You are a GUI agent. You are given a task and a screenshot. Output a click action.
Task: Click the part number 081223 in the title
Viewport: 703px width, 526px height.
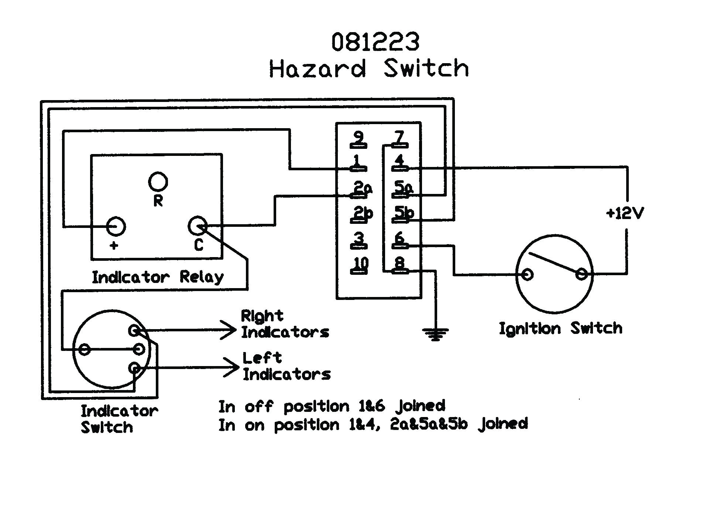pos(375,42)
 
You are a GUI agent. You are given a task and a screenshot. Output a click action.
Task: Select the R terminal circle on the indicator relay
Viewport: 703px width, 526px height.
pos(158,181)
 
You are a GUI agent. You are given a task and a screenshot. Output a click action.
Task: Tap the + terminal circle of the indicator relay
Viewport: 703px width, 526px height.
pos(116,226)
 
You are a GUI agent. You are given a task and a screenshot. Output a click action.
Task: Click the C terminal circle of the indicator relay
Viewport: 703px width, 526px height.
pos(198,226)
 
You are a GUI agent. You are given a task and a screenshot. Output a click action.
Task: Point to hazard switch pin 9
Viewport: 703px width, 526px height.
pos(358,139)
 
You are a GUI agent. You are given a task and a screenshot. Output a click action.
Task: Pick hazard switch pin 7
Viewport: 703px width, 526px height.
pos(399,139)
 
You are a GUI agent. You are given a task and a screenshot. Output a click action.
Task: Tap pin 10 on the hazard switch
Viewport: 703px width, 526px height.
pos(360,265)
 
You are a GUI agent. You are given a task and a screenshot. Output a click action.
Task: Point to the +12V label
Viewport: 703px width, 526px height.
pos(625,213)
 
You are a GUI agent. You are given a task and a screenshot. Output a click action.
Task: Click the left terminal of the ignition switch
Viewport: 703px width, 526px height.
pos(528,274)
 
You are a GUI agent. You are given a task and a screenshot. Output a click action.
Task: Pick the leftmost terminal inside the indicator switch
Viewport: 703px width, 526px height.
pos(85,349)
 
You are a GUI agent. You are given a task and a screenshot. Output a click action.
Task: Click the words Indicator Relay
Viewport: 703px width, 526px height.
pos(158,277)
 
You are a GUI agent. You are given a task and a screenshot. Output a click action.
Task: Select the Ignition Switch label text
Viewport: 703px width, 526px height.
pos(560,328)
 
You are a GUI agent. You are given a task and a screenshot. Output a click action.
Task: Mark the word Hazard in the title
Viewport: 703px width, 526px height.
pos(318,69)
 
